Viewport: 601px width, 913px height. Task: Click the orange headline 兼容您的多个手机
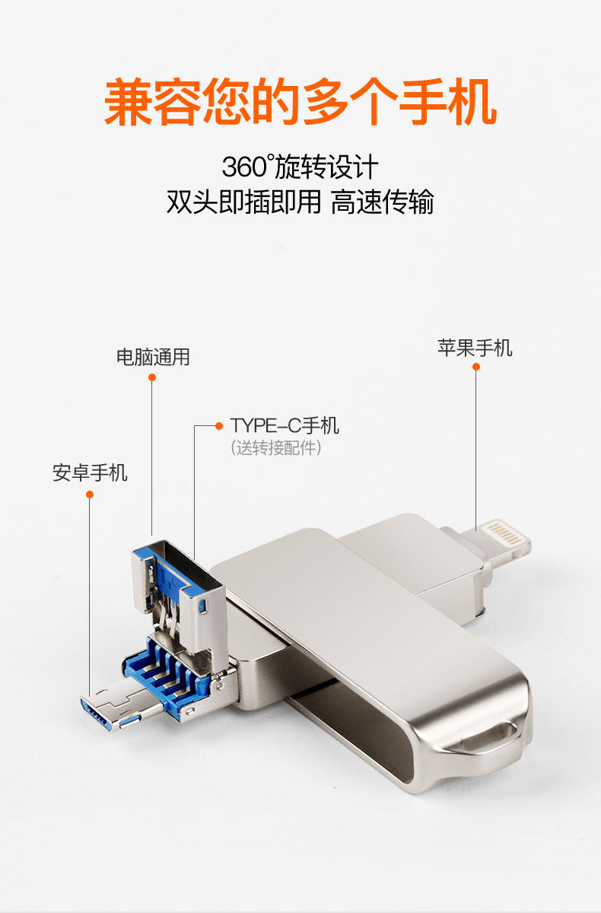(x=300, y=103)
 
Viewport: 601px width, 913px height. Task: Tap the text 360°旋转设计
(x=300, y=167)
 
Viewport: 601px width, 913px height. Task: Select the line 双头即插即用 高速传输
(x=300, y=203)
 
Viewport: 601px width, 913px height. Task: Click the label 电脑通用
(x=152, y=357)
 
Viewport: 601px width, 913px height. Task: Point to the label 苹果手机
(x=475, y=348)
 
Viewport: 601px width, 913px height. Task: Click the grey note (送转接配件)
(x=276, y=448)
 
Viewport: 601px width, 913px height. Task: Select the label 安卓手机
(x=90, y=473)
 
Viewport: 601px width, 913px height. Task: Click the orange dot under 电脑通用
(x=152, y=377)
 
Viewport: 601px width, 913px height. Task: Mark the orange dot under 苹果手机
(x=476, y=367)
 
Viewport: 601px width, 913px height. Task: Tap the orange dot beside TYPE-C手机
(x=219, y=425)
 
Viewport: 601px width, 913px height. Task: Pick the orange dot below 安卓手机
(x=90, y=495)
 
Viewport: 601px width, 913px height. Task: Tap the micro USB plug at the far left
(x=103, y=711)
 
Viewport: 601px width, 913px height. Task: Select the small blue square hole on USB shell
(x=204, y=607)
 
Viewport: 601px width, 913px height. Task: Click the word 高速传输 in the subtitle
(x=382, y=203)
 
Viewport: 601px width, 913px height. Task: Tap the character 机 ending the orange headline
(x=472, y=103)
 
